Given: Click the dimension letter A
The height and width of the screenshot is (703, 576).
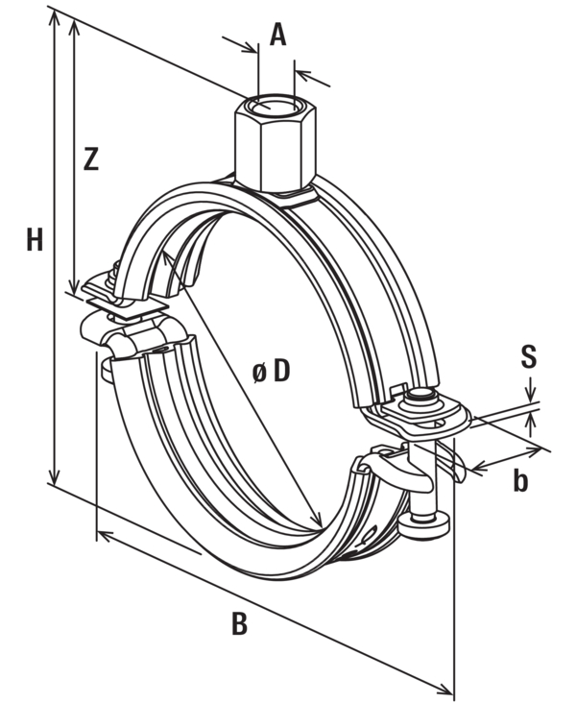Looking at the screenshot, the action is pos(277,35).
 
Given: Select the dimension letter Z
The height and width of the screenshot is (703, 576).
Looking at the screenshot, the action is pos(91,159).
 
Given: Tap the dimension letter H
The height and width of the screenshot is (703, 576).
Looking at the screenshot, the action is pos(35,239).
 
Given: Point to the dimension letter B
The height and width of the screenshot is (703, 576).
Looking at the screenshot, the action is pos(240,622).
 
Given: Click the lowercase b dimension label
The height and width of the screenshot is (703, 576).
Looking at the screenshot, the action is pos(520,481).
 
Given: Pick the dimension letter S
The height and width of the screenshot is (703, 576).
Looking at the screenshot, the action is pos(529,357).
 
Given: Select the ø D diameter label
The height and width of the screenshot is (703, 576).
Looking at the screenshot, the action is pos(272,372).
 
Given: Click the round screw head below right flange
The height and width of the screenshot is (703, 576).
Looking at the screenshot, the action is pos(423,524).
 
